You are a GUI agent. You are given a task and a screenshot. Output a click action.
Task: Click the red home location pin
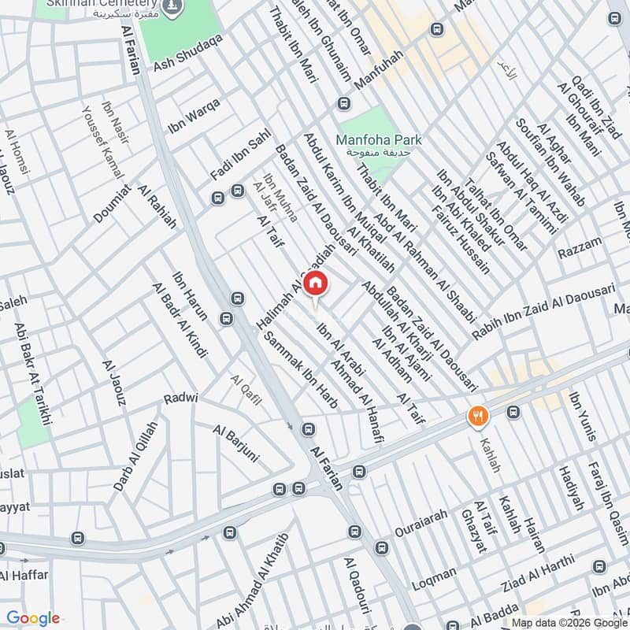315,283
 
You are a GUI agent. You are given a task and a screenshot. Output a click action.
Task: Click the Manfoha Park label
379,140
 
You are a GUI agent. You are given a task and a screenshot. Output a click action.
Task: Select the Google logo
33,618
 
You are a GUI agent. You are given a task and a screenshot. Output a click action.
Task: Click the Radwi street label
180,398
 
